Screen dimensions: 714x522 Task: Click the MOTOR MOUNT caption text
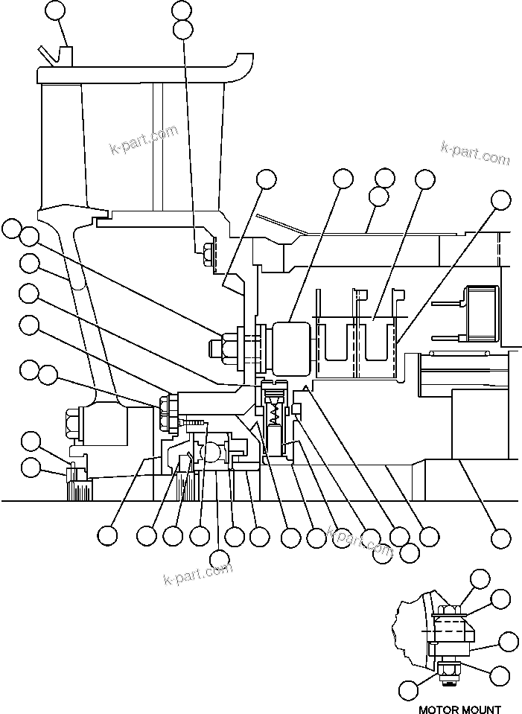pyautogui.click(x=459, y=709)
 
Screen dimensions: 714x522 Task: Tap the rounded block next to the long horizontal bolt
pyautogui.click(x=291, y=347)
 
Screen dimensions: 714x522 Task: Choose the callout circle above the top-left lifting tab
pyautogui.click(x=55, y=10)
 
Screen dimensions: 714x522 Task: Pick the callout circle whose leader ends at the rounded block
pyautogui.click(x=343, y=179)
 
